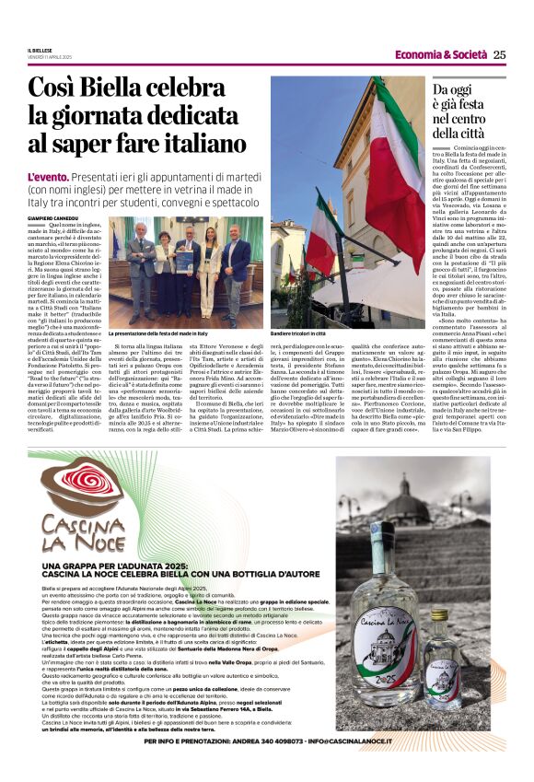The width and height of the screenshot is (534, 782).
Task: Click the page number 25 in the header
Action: [499, 54]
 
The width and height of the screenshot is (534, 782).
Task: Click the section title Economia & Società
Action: [441, 54]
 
